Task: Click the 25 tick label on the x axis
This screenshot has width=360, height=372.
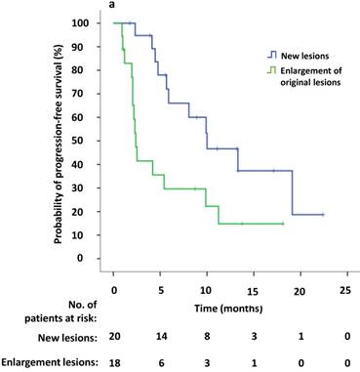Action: point(344,291)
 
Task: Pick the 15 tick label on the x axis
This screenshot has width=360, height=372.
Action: point(252,291)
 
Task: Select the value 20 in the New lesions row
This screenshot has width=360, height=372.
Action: point(113,337)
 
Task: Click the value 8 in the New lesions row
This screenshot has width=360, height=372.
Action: point(206,337)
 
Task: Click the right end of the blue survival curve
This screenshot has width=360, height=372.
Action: point(322,214)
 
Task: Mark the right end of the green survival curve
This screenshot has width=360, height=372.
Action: point(283,224)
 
